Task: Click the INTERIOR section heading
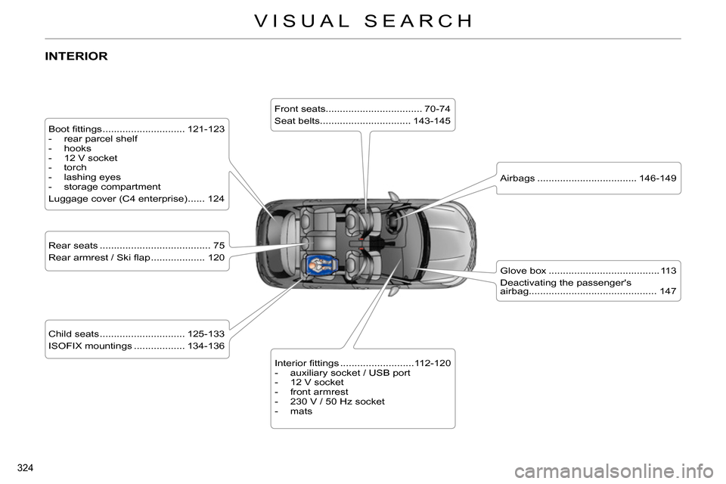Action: pyautogui.click(x=76, y=57)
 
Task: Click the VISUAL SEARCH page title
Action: pyautogui.click(x=363, y=21)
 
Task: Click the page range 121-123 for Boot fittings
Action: pyautogui.click(x=206, y=129)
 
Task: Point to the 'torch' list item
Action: pyautogui.click(x=75, y=168)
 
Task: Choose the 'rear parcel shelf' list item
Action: pyautogui.click(x=100, y=139)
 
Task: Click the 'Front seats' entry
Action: pyautogui.click(x=299, y=109)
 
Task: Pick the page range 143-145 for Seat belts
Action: pyautogui.click(x=432, y=121)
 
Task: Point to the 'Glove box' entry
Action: pyautogui.click(x=523, y=271)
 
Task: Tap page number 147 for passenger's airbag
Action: pyautogui.click(x=667, y=291)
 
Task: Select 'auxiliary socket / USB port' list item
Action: pyautogui.click(x=349, y=373)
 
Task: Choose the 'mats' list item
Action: pyautogui.click(x=300, y=411)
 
